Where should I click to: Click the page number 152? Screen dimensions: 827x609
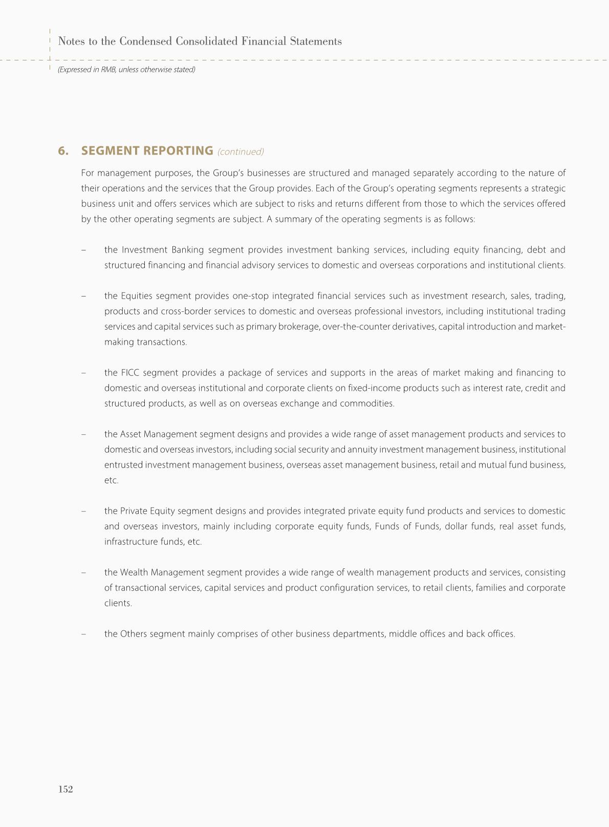66,789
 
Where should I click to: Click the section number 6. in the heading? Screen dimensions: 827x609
63,151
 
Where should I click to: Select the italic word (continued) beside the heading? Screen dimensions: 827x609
241,152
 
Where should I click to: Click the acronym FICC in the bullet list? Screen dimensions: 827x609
130,373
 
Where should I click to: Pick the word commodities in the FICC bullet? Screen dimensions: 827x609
369,404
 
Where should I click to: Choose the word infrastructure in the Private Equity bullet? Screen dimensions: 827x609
128,542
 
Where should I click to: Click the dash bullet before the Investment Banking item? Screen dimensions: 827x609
83,250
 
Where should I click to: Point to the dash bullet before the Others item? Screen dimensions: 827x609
83,634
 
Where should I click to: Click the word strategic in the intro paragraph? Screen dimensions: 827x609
549,188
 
